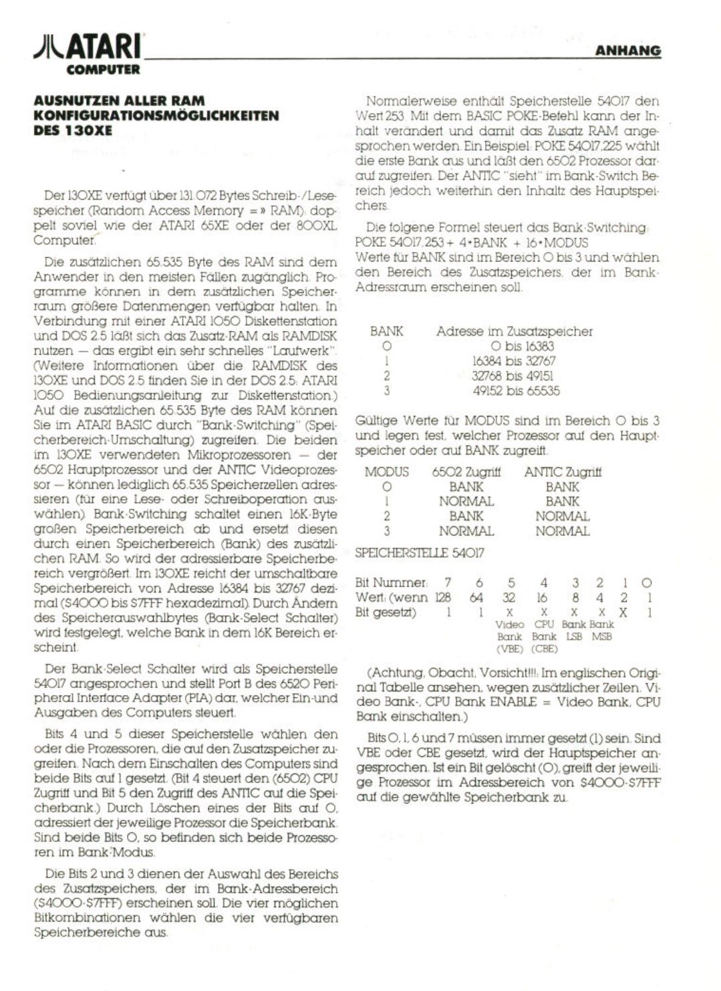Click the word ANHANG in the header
tap(627, 51)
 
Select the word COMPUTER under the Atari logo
tap(103, 70)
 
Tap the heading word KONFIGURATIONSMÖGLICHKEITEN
tap(156, 116)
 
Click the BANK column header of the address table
tap(386, 331)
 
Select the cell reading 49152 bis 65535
tap(516, 391)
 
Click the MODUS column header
tap(386, 472)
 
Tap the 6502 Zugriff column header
tap(466, 472)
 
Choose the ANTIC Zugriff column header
tap(563, 472)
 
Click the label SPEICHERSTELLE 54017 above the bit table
tap(420, 553)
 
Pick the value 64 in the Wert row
tap(476, 598)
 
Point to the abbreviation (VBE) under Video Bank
tap(509, 649)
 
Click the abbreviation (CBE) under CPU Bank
tap(544, 649)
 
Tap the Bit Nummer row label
tap(390, 583)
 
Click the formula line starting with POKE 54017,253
tap(472, 243)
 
